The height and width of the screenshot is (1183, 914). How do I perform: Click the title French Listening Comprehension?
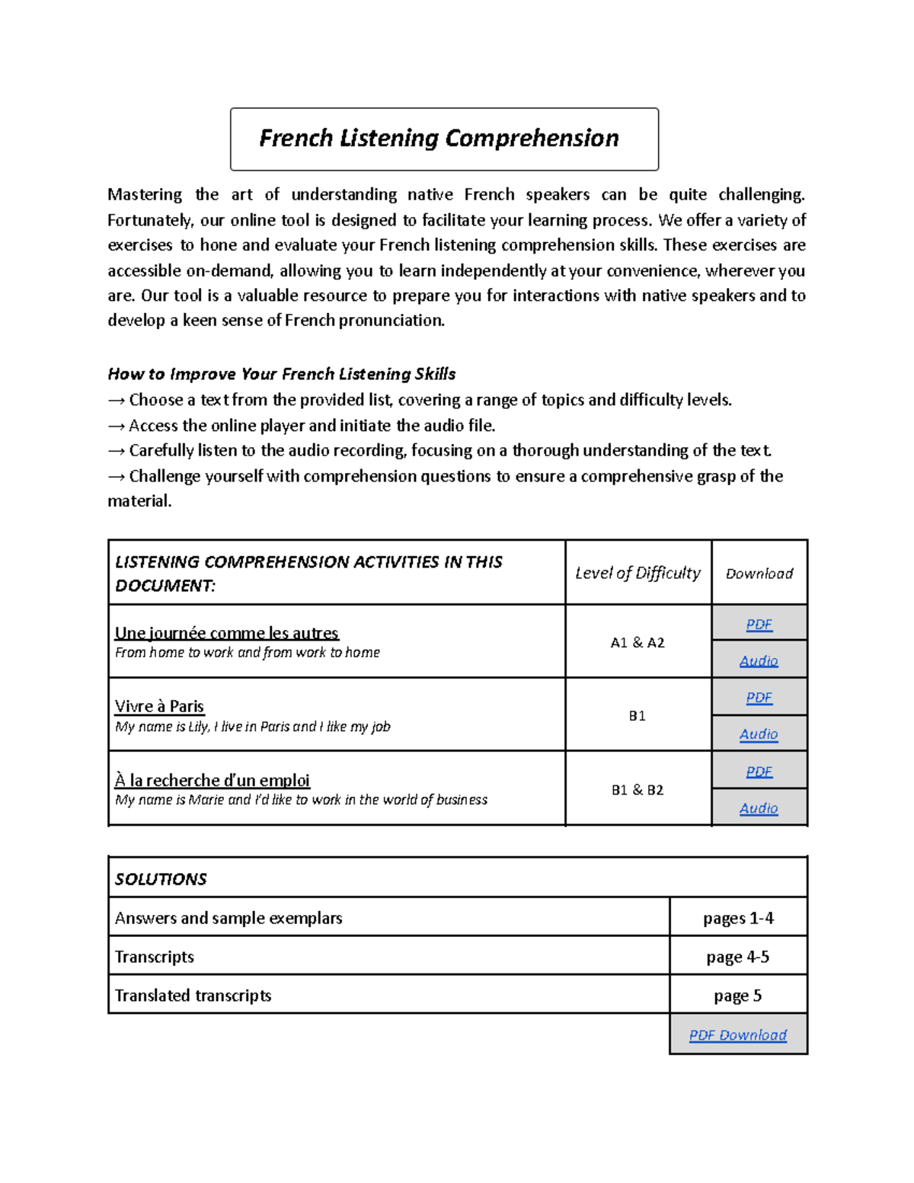click(x=439, y=139)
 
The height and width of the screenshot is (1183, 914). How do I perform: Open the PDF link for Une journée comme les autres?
click(x=759, y=625)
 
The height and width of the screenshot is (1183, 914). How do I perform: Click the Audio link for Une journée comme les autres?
click(x=759, y=660)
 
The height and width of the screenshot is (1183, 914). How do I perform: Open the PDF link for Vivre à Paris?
click(x=759, y=698)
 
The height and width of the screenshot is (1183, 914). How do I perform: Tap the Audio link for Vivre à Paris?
click(x=759, y=734)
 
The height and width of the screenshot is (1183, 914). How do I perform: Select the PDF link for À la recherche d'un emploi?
click(x=759, y=772)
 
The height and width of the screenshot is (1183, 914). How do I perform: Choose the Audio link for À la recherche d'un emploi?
click(x=759, y=808)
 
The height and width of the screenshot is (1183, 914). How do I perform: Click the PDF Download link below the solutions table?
click(x=737, y=1035)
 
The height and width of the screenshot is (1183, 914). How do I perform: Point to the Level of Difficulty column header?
click(x=638, y=573)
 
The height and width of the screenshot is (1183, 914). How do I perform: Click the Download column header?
click(x=759, y=574)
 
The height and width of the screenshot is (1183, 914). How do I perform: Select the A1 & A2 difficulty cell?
click(x=638, y=643)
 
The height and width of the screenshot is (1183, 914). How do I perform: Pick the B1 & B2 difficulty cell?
click(x=638, y=790)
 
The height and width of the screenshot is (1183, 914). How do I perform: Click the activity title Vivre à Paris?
click(x=159, y=706)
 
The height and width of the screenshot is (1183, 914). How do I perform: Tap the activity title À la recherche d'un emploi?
click(x=212, y=780)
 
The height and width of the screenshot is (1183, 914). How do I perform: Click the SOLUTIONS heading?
click(x=161, y=879)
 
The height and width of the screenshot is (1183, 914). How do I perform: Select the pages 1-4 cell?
click(x=737, y=919)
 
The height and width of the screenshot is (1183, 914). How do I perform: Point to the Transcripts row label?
click(x=155, y=957)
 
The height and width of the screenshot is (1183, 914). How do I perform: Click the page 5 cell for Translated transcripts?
click(x=737, y=996)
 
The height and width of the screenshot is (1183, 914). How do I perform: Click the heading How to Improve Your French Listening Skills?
click(x=281, y=374)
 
